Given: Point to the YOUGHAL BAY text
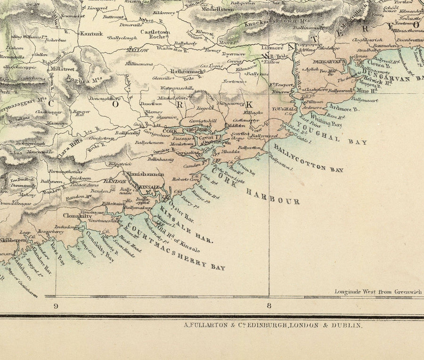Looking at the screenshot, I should pos(337,134).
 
